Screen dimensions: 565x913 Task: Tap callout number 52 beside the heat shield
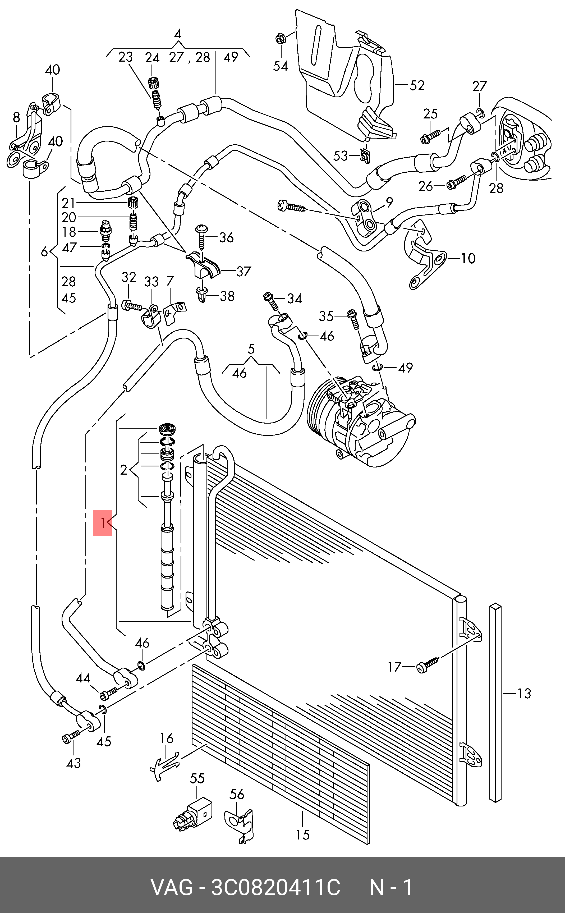pyautogui.click(x=417, y=86)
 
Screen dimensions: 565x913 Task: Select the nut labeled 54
pyautogui.click(x=280, y=38)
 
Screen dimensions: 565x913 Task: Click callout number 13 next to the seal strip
pyautogui.click(x=524, y=693)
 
